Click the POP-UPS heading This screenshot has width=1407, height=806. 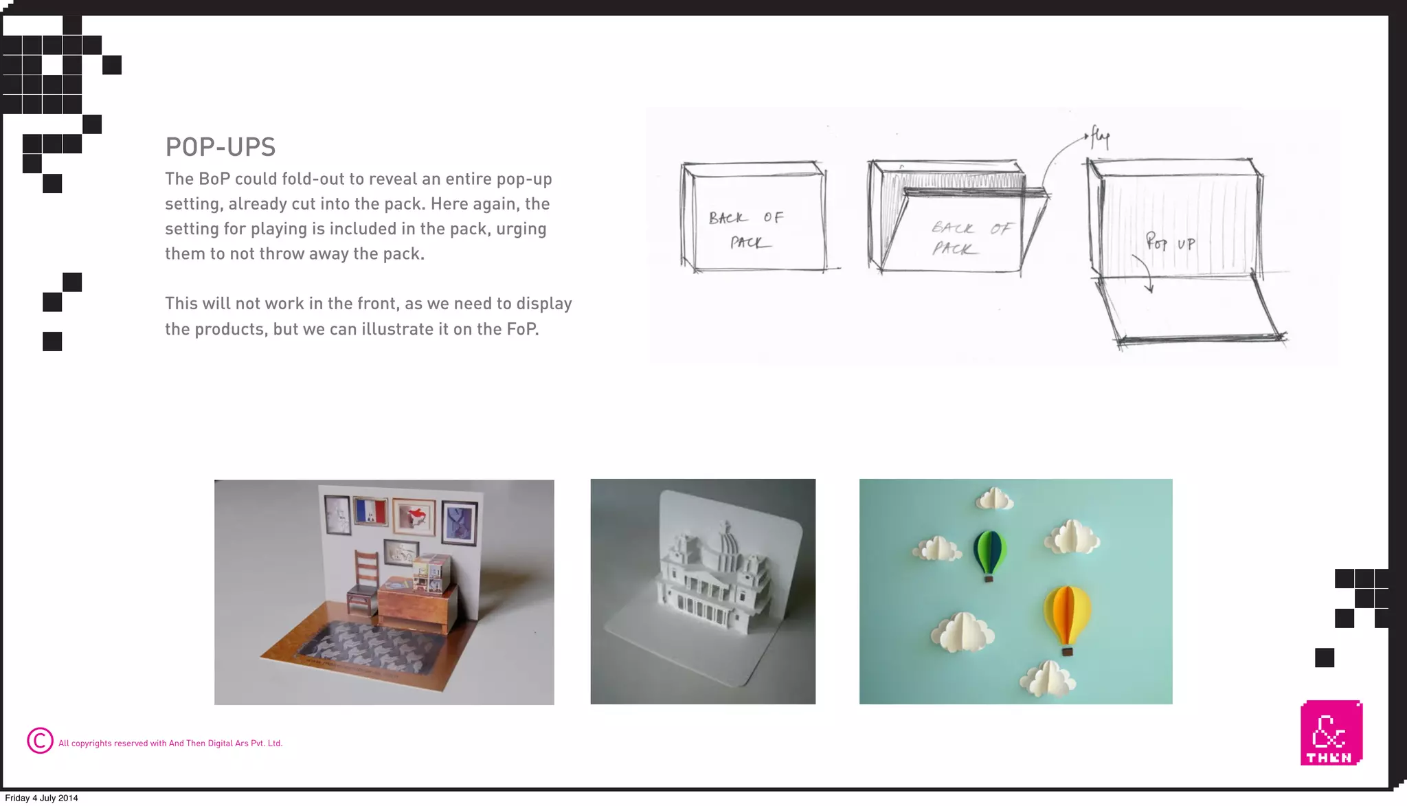point(220,147)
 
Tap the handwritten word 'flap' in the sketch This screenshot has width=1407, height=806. point(1101,137)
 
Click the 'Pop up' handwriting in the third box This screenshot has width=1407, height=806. point(1170,243)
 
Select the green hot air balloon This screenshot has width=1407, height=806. point(989,554)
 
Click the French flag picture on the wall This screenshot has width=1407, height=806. point(370,512)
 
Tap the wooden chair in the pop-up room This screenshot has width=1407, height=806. point(364,581)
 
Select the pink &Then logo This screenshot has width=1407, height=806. point(1331,732)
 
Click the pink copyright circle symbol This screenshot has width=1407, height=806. point(40,741)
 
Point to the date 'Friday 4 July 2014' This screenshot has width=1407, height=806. point(41,798)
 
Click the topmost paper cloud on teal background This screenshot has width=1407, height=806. point(994,499)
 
